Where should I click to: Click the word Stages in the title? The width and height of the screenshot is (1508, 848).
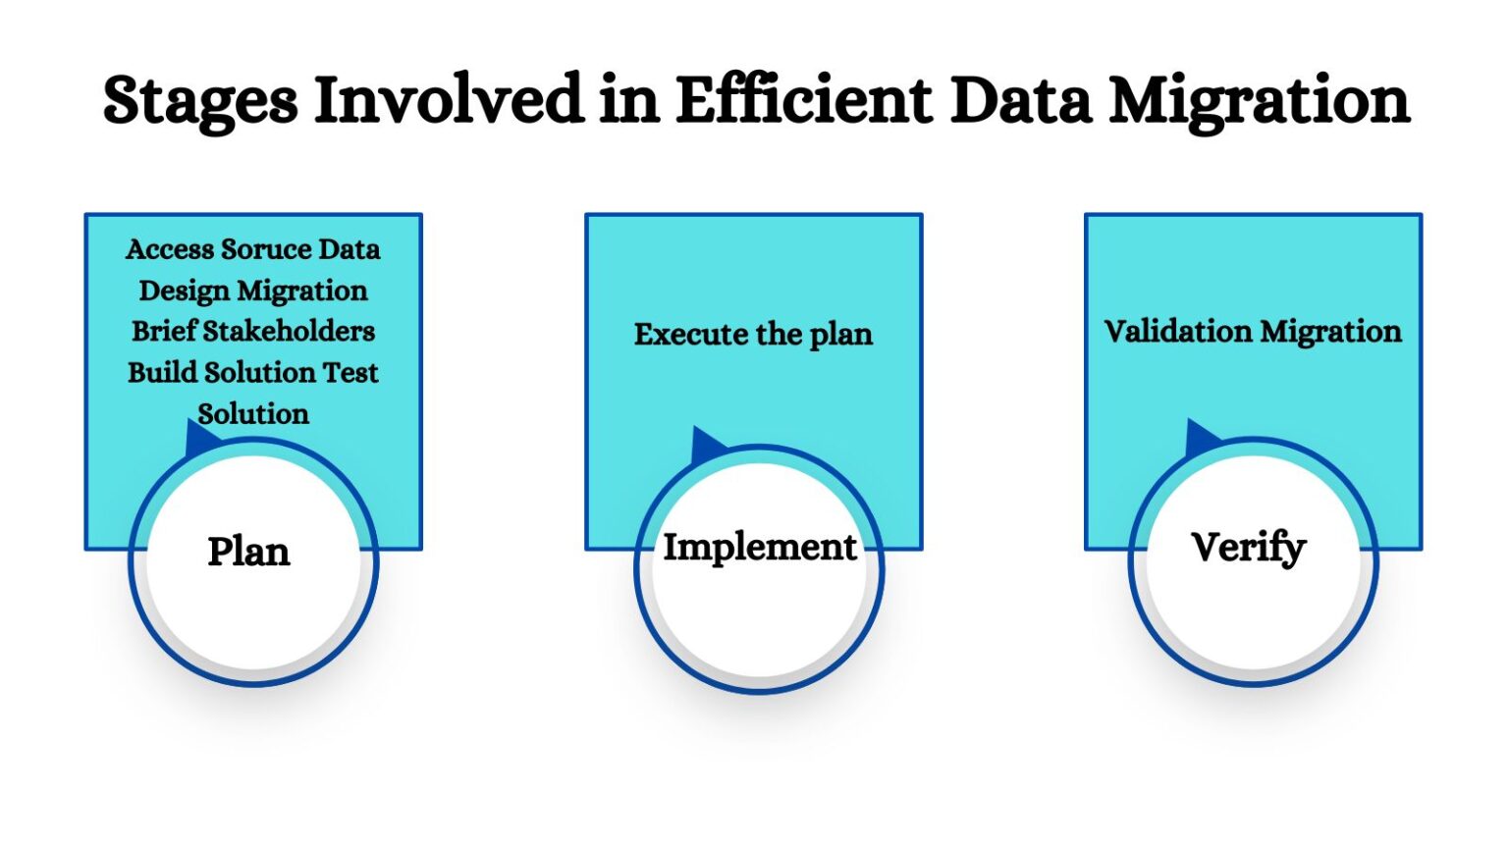click(200, 102)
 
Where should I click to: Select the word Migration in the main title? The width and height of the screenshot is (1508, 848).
click(1260, 102)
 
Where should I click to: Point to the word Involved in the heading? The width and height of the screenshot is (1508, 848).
click(448, 100)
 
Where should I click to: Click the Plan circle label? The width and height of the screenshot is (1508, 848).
click(248, 552)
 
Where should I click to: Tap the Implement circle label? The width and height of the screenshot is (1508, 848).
click(759, 547)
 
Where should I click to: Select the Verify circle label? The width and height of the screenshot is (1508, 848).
click(1248, 548)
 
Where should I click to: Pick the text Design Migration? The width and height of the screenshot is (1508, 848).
click(253, 291)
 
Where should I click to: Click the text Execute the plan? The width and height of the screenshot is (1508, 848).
click(753, 335)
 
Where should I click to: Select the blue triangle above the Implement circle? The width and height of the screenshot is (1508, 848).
click(706, 446)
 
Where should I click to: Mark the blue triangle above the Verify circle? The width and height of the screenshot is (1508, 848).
click(1201, 438)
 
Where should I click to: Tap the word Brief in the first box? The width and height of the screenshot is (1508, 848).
click(165, 331)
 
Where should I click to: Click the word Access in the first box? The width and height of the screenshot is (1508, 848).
click(170, 249)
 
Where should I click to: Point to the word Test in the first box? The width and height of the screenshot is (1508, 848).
click(350, 373)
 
